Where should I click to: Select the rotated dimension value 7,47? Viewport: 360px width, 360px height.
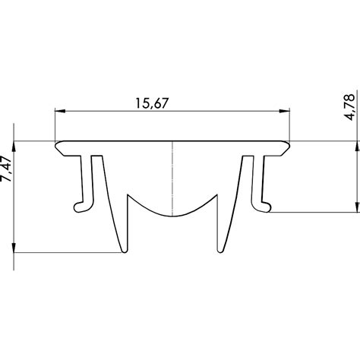click(x=9, y=164)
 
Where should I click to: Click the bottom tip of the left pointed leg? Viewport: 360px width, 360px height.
click(x=123, y=251)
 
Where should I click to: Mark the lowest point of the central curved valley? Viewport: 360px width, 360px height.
click(x=174, y=215)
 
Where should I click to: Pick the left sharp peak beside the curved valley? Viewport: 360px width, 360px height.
click(x=130, y=194)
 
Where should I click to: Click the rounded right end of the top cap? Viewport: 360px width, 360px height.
click(x=291, y=144)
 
